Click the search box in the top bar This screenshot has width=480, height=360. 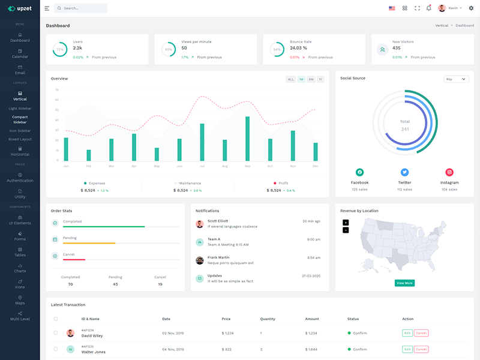(81, 8)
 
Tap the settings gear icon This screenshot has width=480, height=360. (471, 8)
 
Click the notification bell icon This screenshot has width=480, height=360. (428, 8)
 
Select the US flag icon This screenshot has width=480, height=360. (392, 8)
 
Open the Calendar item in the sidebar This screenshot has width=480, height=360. (20, 53)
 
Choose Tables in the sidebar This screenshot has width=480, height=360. (20, 251)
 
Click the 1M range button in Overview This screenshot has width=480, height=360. (301, 79)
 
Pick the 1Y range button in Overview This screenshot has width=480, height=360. (320, 79)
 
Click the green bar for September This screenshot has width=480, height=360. (247, 139)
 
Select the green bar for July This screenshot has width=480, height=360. (202, 142)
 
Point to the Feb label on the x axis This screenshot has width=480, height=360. (89, 166)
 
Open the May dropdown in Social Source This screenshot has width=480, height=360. (456, 79)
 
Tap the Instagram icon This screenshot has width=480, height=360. (449, 172)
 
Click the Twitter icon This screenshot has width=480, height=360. (404, 172)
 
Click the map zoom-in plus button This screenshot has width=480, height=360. (346, 223)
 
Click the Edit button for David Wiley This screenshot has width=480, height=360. (407, 333)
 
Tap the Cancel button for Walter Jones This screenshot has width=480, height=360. (421, 349)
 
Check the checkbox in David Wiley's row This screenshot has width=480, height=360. (56, 333)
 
